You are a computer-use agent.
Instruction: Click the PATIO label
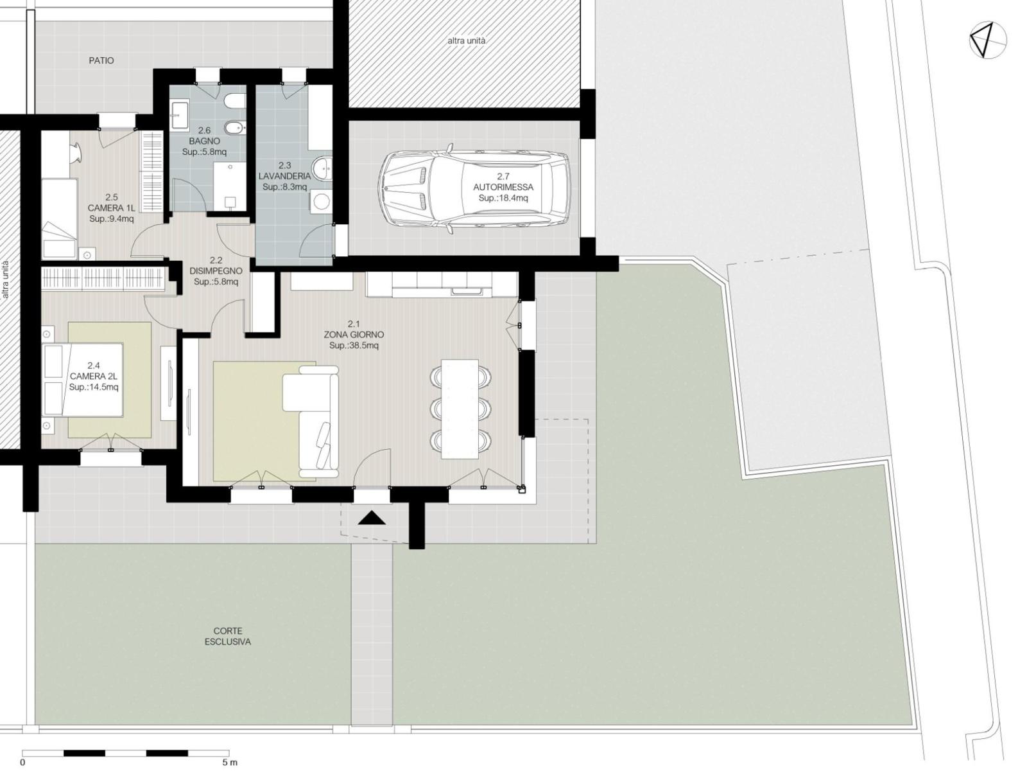101,60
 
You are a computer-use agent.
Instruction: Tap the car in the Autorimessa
474,189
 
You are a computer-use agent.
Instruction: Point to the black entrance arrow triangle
372,518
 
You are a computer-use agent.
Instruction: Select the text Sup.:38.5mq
354,346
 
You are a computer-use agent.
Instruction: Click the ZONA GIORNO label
354,335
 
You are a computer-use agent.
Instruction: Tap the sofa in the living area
311,421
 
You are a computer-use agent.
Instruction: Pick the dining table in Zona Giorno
460,409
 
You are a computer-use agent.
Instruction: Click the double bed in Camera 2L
82,379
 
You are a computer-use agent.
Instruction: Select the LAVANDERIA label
284,176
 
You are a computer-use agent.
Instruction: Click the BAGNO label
205,141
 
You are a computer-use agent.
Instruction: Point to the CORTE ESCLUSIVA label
228,636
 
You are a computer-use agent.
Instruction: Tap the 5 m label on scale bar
230,763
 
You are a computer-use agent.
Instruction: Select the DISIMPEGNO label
216,271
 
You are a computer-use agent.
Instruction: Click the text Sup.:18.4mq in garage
503,198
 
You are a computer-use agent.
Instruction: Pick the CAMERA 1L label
111,208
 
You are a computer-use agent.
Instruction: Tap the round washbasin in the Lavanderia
322,168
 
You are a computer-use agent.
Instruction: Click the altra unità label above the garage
467,40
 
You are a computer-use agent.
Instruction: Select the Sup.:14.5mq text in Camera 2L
94,387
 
